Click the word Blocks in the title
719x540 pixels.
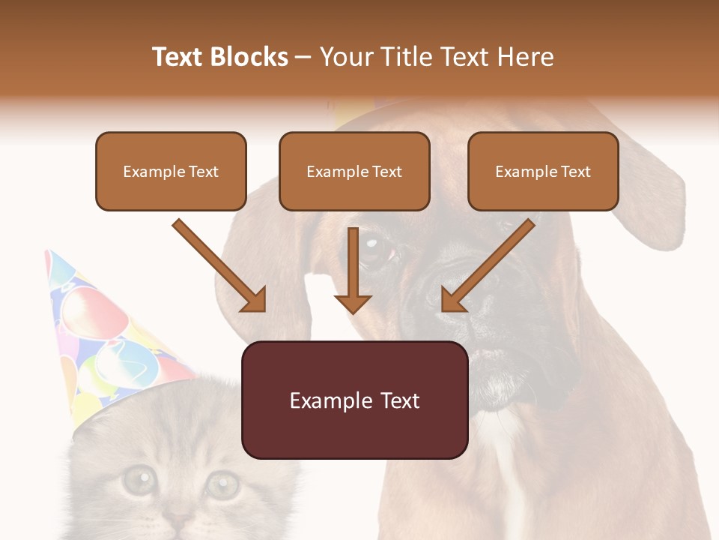point(249,57)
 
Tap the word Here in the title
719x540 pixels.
point(527,57)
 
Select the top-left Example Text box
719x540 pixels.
point(171,172)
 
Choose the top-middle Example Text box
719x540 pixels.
point(354,172)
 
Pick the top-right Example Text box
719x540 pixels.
point(543,172)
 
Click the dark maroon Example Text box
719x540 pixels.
point(354,400)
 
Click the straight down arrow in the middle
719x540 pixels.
point(353,270)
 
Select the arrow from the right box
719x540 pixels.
point(487,266)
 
